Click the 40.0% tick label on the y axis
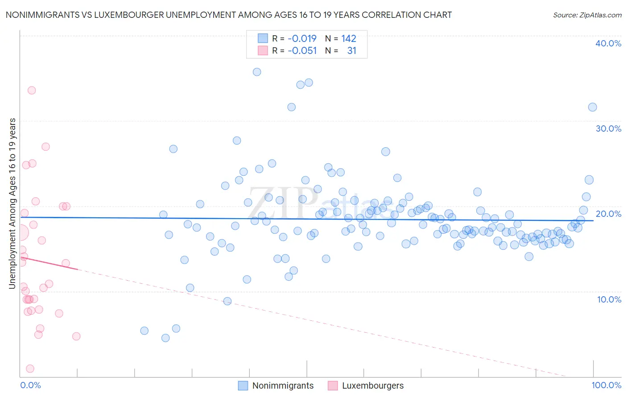(608, 43)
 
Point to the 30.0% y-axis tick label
(608, 129)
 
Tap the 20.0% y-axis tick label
(608, 214)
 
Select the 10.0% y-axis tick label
(609, 299)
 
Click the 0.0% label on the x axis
(30, 385)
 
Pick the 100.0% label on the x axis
(606, 385)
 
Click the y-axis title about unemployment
(12, 203)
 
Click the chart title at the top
(229, 15)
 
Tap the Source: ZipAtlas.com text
(587, 15)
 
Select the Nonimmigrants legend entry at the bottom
(283, 386)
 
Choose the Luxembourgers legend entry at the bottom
(372, 386)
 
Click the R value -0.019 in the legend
(302, 38)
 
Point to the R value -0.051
(302, 50)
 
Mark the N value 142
(349, 38)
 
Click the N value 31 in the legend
(351, 50)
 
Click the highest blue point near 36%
(257, 72)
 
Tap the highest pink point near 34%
(32, 90)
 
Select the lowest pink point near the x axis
(30, 369)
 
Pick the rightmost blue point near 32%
(592, 107)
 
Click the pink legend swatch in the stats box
(263, 50)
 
